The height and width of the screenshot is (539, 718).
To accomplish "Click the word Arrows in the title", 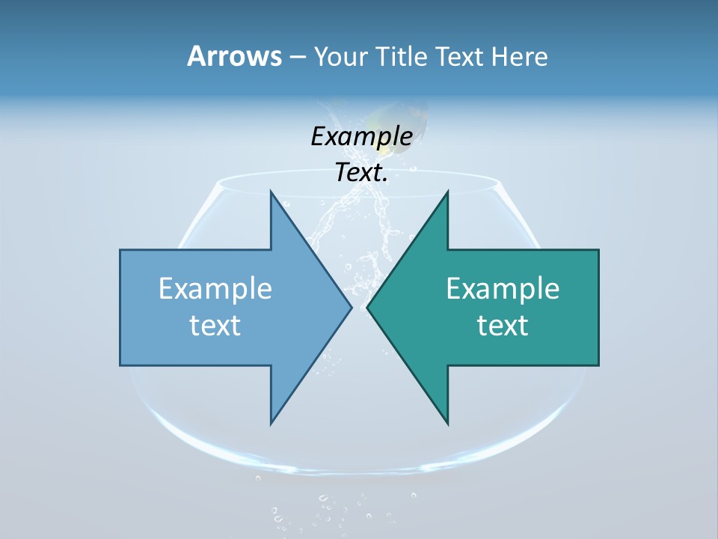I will pyautogui.click(x=233, y=56).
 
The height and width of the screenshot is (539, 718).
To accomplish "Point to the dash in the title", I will pyautogui.click(x=297, y=57).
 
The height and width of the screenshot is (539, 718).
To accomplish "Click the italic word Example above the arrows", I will pyautogui.click(x=361, y=136).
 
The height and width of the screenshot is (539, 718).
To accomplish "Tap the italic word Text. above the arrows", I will pyautogui.click(x=361, y=173).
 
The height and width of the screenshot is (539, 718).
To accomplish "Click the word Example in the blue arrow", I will pyautogui.click(x=215, y=288).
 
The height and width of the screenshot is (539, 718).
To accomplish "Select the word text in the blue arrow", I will pyautogui.click(x=215, y=325).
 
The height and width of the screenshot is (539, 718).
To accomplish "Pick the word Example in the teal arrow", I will pyautogui.click(x=503, y=288).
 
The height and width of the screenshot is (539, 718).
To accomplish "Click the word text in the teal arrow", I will pyautogui.click(x=503, y=325).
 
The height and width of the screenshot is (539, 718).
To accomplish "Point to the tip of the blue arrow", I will pyautogui.click(x=352, y=307).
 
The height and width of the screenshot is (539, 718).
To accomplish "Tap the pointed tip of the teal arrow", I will pyautogui.click(x=367, y=307).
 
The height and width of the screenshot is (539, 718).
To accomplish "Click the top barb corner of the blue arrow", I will pyautogui.click(x=271, y=192).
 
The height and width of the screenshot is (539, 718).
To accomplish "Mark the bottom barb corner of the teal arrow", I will pyautogui.click(x=448, y=424).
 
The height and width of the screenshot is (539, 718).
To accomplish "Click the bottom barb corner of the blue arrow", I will pyautogui.click(x=271, y=424).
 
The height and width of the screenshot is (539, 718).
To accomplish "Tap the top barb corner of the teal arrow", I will pyautogui.click(x=448, y=192).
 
